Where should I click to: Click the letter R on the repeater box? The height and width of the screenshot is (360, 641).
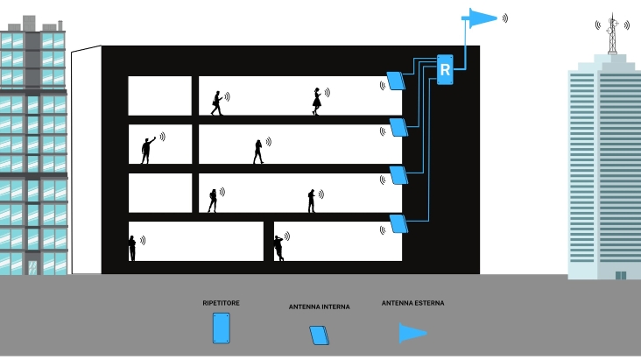click(445, 70)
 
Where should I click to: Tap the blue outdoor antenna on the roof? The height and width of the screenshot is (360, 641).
click(479, 18)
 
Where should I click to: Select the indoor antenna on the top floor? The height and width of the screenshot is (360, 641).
click(396, 81)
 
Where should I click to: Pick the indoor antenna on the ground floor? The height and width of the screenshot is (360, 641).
click(398, 223)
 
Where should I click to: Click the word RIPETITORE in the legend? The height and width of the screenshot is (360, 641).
click(221, 303)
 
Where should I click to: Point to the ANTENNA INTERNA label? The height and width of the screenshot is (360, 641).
click(320, 307)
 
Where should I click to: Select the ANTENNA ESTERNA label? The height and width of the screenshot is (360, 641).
click(412, 303)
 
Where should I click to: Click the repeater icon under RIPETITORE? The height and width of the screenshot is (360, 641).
click(222, 328)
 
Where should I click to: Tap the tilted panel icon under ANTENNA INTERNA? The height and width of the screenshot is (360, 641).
click(320, 335)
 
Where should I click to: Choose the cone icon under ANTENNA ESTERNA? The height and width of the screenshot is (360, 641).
click(412, 333)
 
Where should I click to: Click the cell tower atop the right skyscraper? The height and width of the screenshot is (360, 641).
click(612, 33)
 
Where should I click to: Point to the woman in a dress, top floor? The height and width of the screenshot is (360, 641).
click(317, 101)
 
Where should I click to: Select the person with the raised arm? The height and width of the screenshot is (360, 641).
click(148, 150)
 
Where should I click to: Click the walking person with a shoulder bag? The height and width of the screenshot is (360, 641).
click(216, 103)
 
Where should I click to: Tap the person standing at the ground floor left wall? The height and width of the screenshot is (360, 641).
click(132, 248)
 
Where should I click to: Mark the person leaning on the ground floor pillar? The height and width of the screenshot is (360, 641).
click(278, 248)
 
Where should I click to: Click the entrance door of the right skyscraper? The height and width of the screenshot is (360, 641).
click(621, 275)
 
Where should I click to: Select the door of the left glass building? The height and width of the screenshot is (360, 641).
click(32, 267)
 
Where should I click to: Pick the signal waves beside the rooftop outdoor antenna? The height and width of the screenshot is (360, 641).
click(505, 18)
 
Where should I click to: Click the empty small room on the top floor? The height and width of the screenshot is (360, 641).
click(160, 95)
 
